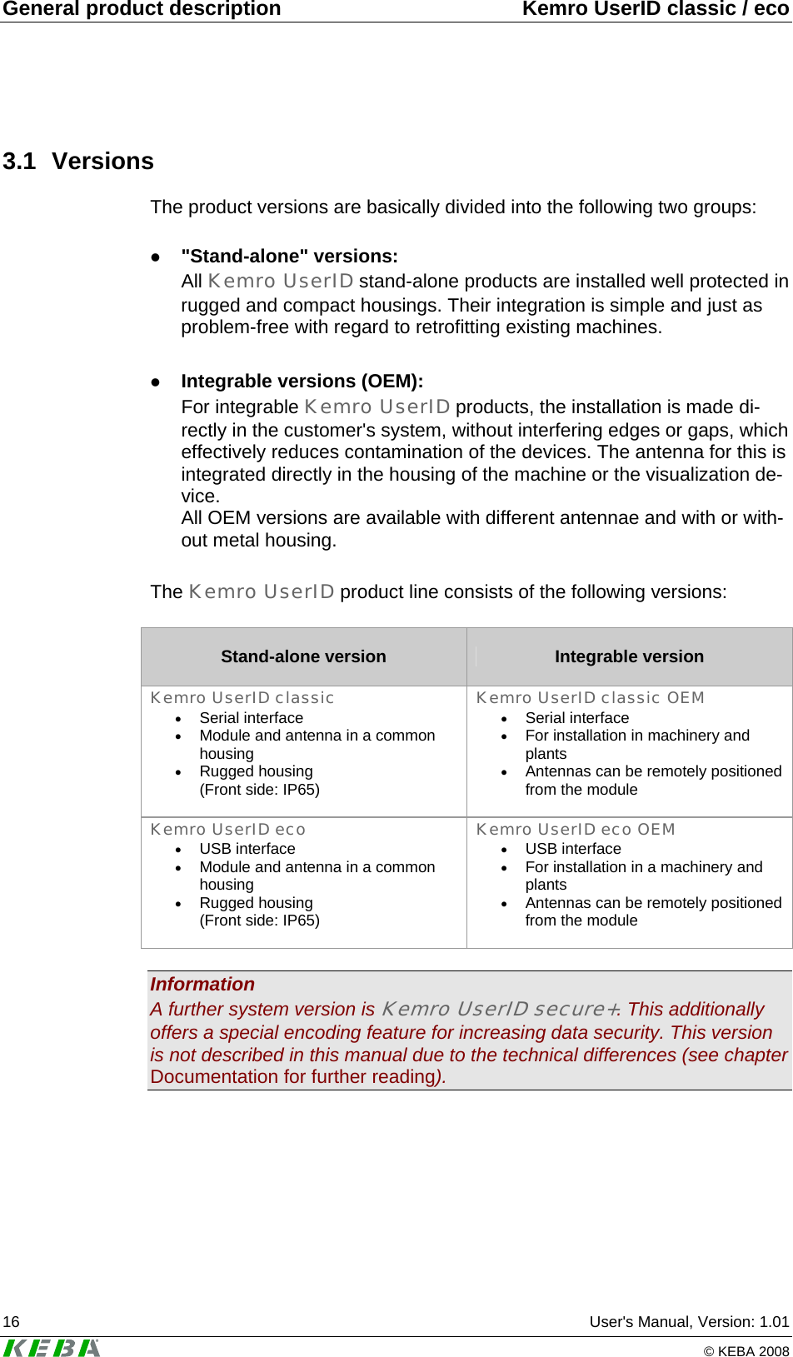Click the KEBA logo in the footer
point(52,1347)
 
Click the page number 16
point(12,1322)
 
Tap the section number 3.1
point(19,161)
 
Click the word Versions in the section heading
point(102,161)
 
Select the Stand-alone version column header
point(303,656)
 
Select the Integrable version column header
point(629,656)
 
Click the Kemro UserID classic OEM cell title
point(590,698)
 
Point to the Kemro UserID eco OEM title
point(576,830)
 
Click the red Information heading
point(202,985)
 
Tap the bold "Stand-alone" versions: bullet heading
point(289,257)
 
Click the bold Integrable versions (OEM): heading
point(302,382)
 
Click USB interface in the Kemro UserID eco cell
point(247,849)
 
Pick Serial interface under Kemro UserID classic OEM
point(576,718)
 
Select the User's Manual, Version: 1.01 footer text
point(689,1322)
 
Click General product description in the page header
point(142,9)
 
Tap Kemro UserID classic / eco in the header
point(655,9)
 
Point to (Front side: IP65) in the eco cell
point(259,920)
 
